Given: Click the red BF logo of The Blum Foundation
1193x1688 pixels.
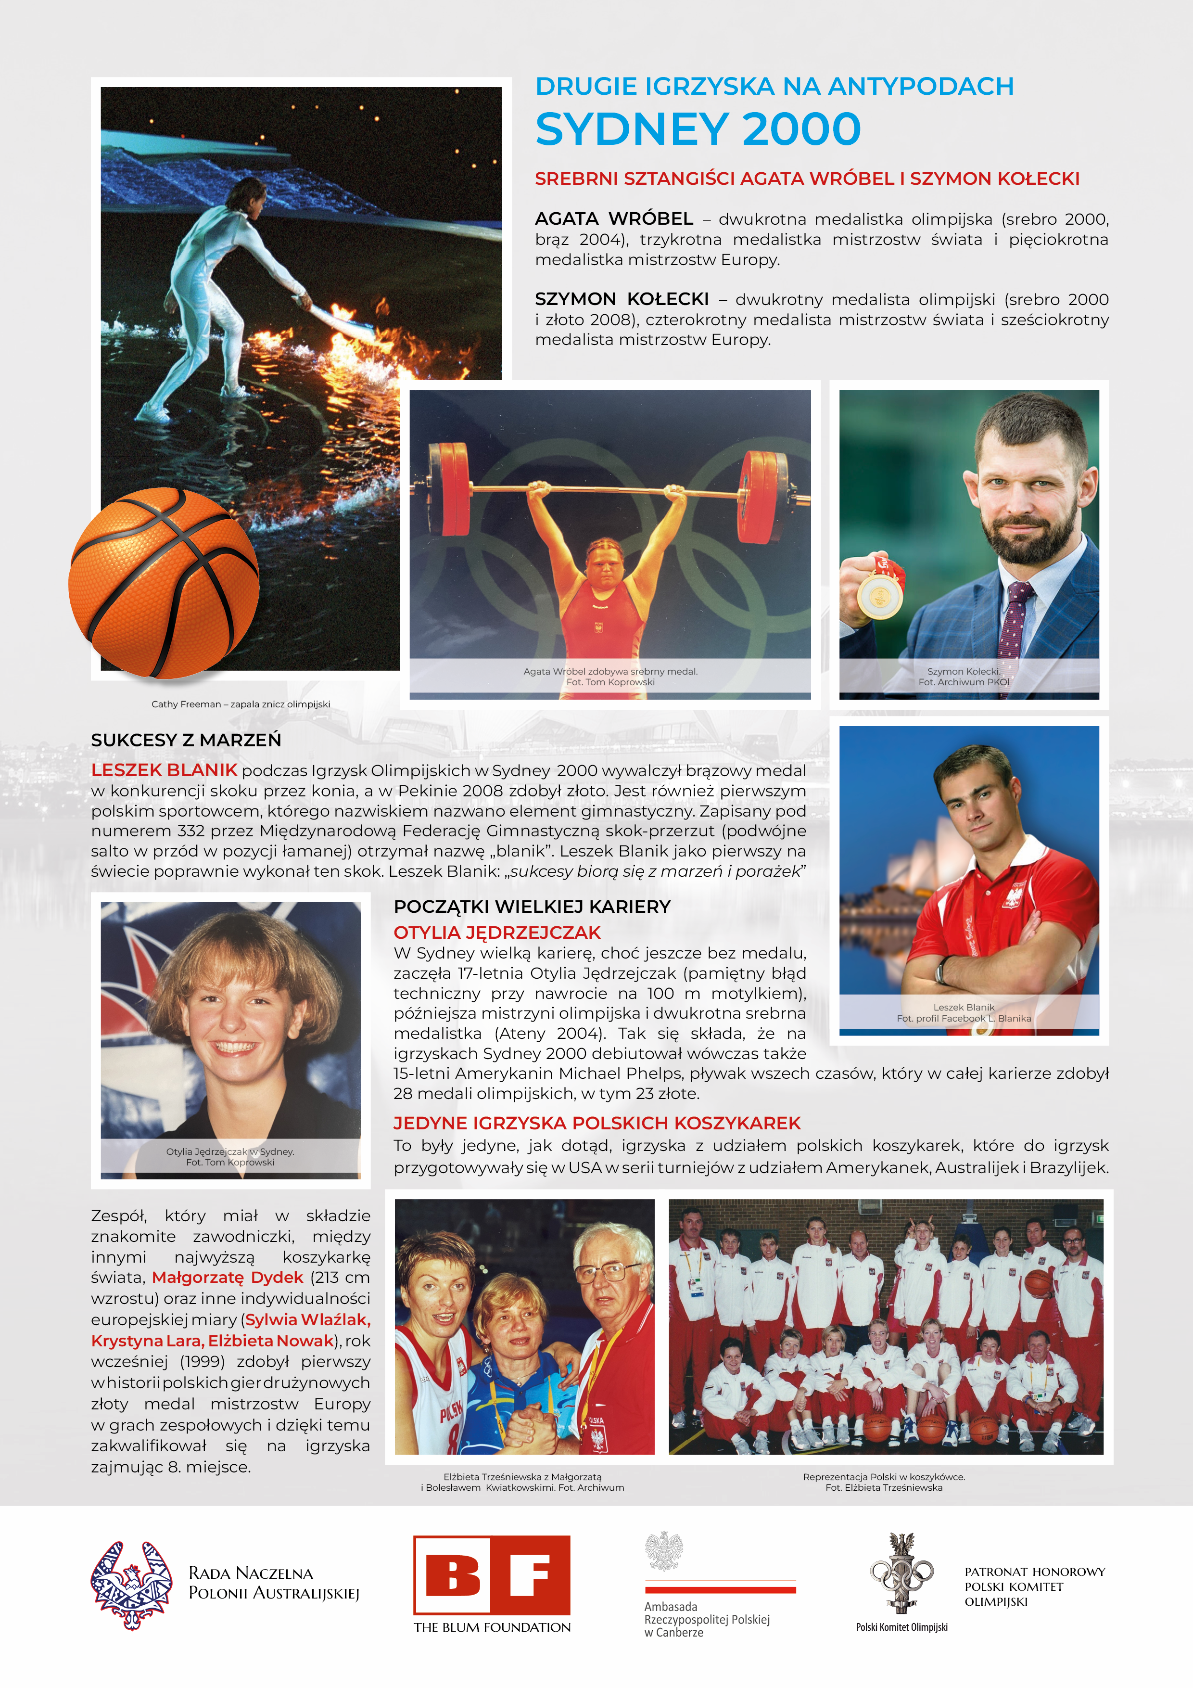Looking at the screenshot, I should click(492, 1575).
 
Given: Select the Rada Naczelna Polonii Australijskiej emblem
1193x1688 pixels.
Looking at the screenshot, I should click(132, 1585).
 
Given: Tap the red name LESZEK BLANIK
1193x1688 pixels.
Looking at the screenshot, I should click(164, 770).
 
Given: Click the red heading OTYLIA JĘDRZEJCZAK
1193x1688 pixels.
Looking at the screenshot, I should click(497, 933).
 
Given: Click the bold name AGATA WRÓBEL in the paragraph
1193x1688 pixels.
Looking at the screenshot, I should click(614, 219).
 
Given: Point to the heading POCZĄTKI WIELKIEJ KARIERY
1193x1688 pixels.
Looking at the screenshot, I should click(532, 907).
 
